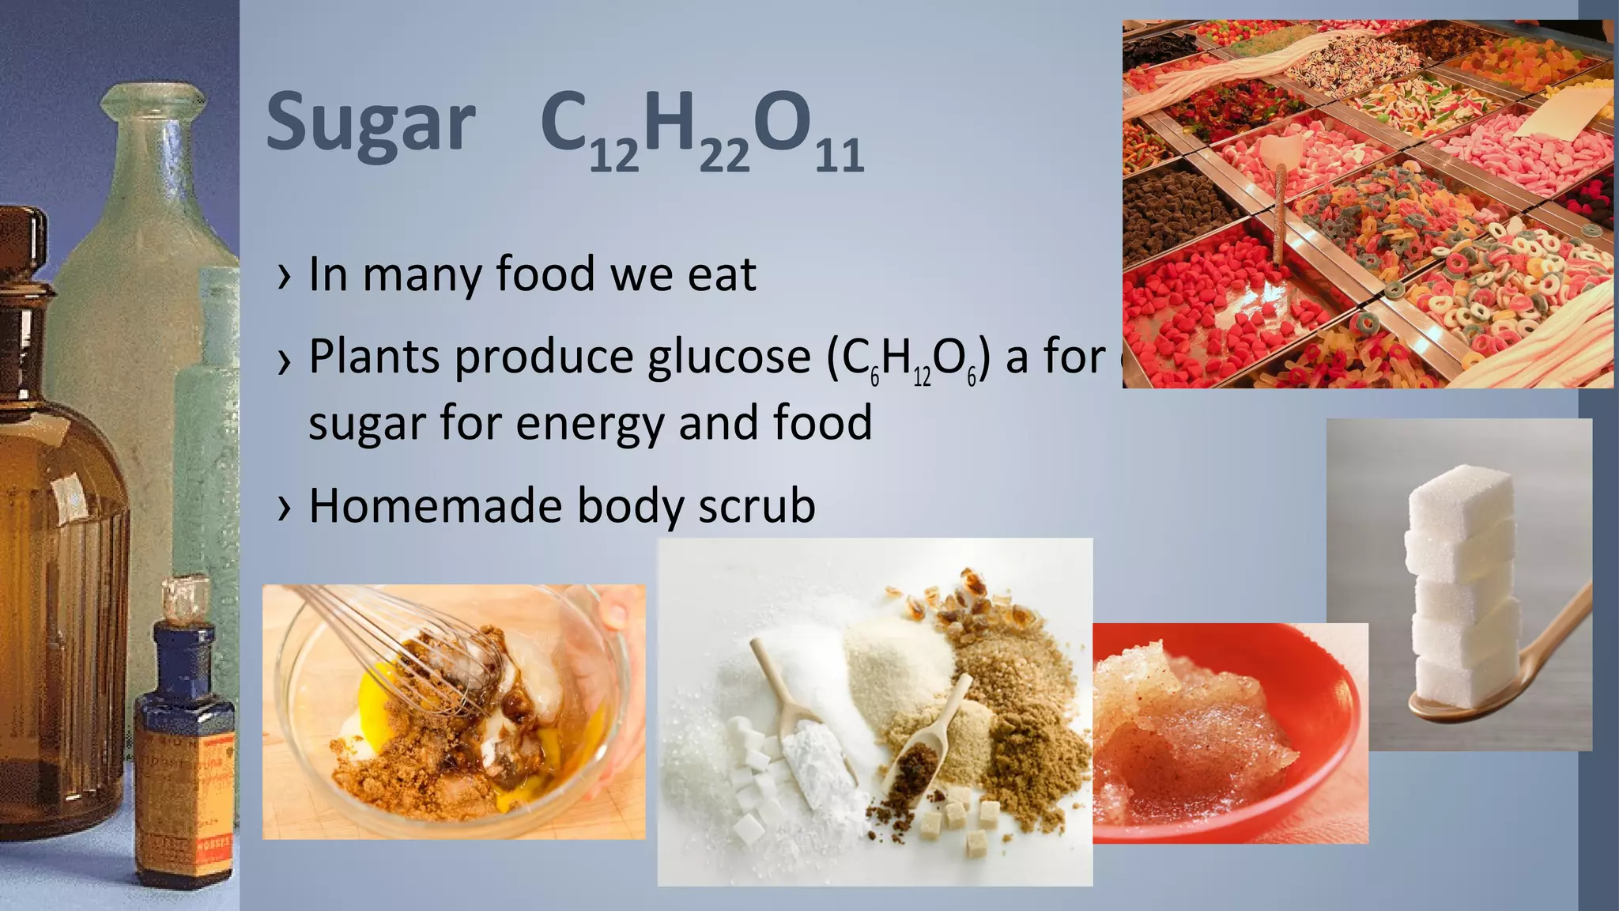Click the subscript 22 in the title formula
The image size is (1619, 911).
coord(723,155)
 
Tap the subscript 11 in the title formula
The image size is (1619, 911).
coord(839,155)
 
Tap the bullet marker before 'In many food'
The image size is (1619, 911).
coord(285,277)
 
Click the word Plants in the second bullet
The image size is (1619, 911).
coord(375,357)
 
